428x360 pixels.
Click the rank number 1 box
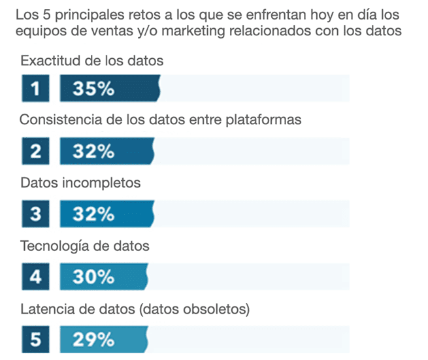35,89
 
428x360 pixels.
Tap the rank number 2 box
35,152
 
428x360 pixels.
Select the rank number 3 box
35,214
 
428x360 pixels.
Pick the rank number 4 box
35,277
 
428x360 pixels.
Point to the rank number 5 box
35,340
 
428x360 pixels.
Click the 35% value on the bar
93,89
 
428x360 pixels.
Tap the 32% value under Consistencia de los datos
93,152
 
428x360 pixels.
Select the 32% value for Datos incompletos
93,214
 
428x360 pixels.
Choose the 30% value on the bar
93,277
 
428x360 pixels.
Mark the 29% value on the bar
93,340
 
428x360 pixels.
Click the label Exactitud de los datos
91,61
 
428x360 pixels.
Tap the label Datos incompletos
80,183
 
